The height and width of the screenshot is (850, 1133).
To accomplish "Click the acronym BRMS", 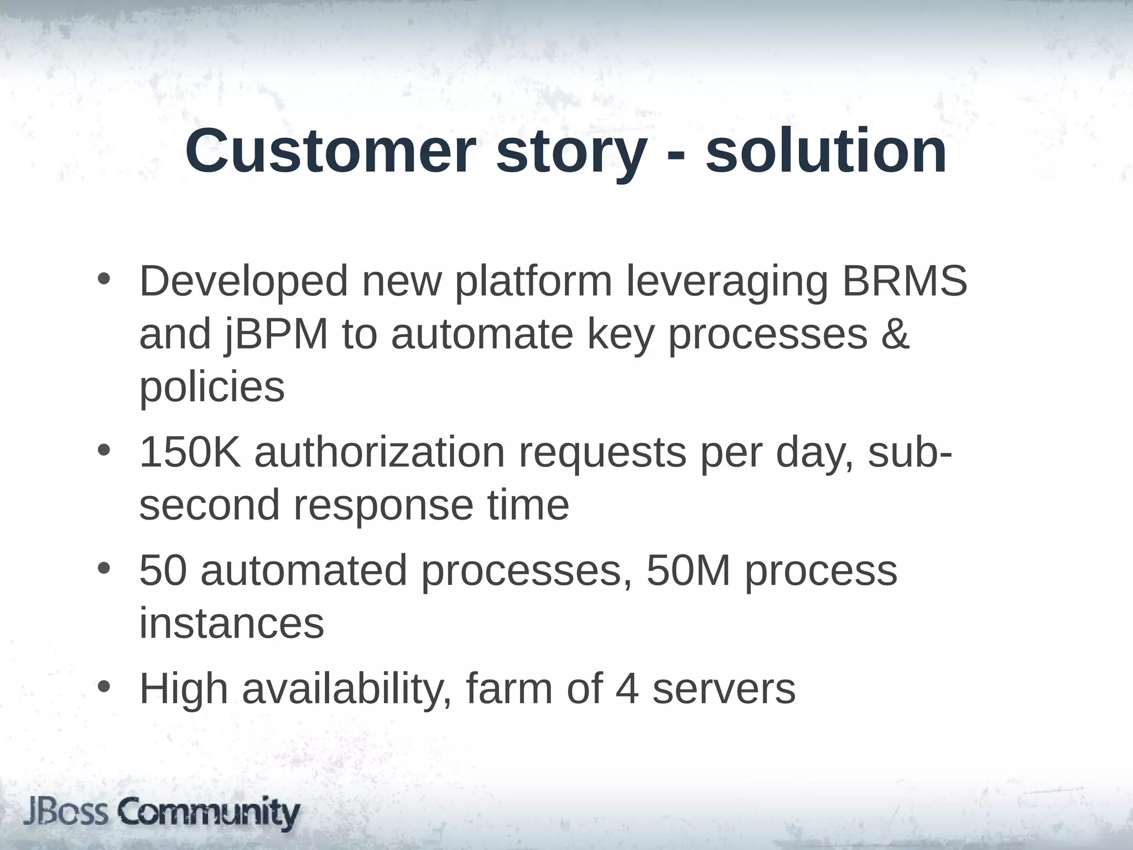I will (905, 281).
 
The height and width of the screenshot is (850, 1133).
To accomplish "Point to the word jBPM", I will (277, 335).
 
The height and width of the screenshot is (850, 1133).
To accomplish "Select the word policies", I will (212, 387).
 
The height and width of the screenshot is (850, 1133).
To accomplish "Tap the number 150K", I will (190, 453).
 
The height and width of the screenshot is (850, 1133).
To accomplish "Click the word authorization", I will (380, 453).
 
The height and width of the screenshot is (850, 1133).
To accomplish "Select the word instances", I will (231, 623).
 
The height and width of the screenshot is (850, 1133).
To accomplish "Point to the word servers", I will (724, 690).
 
